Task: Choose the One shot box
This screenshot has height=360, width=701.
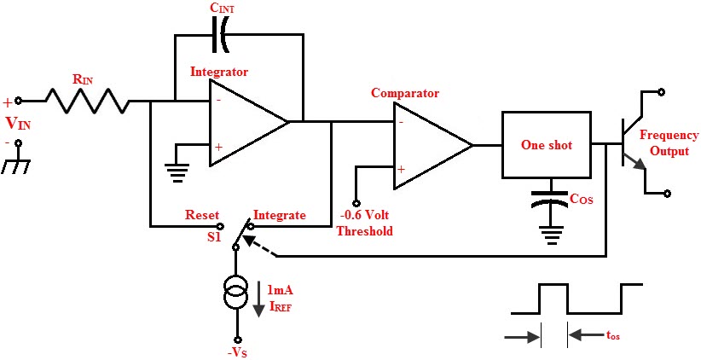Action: click(x=547, y=145)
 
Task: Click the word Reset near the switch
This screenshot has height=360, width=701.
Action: click(x=202, y=216)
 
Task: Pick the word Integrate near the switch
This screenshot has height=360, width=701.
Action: click(x=280, y=216)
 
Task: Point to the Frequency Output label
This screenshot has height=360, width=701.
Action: click(x=669, y=142)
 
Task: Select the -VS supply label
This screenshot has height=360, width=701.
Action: click(x=238, y=349)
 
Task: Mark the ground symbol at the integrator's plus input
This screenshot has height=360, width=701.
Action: click(x=177, y=167)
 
